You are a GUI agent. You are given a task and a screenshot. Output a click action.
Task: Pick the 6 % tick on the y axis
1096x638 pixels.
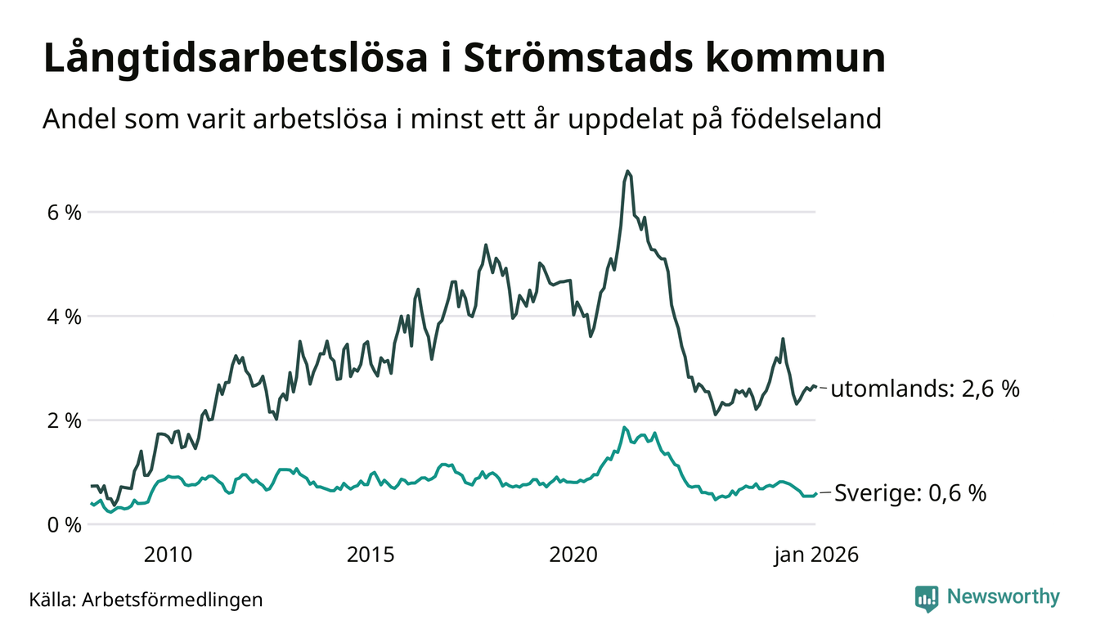(62, 213)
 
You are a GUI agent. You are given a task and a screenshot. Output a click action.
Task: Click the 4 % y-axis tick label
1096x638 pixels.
(62, 317)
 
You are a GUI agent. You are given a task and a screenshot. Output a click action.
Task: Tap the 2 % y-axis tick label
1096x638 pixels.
(62, 420)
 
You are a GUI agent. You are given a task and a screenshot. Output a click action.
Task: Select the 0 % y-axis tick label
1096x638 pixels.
(62, 524)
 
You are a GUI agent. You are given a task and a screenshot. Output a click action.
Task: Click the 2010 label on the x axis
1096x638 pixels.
(168, 555)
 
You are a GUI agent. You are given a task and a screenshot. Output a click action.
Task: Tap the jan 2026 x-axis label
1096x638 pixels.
(816, 555)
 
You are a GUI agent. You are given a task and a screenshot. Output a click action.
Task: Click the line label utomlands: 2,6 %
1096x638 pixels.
(925, 389)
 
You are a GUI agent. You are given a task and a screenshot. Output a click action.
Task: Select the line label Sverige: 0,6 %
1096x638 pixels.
(910, 494)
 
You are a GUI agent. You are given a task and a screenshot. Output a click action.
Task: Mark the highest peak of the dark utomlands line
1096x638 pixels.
(627, 172)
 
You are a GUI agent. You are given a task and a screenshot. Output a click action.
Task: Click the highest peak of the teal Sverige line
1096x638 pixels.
(624, 428)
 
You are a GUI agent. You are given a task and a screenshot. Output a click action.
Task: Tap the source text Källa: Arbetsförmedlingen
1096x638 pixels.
(146, 600)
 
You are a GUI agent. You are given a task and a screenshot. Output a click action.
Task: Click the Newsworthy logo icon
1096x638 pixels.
(927, 598)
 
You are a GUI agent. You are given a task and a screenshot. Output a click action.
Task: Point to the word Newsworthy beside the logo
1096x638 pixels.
(1003, 597)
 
